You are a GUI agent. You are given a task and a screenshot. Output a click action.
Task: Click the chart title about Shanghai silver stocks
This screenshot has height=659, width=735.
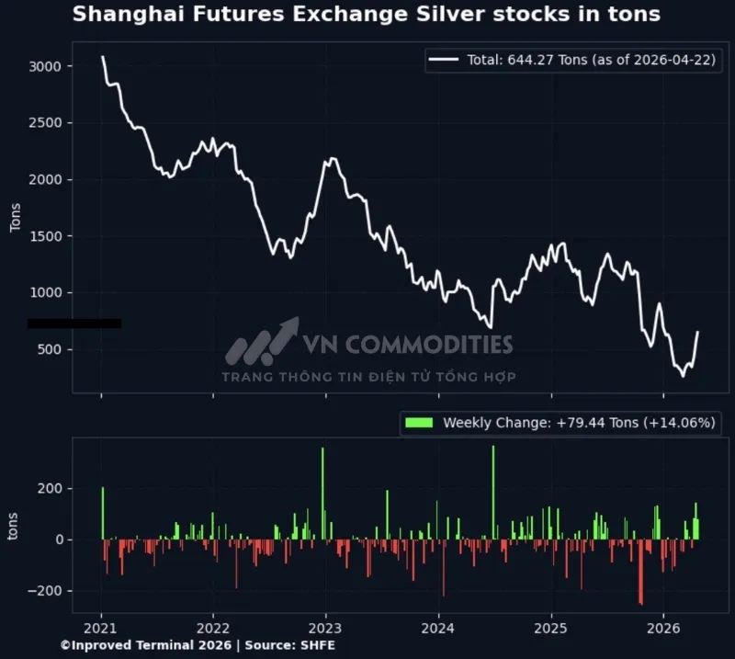[366, 15]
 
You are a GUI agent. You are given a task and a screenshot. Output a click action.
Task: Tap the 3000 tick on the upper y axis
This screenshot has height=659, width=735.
[45, 66]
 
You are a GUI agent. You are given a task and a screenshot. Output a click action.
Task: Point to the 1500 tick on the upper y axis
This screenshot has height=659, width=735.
[45, 236]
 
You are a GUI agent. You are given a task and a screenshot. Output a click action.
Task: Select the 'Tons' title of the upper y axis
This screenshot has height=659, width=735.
[16, 217]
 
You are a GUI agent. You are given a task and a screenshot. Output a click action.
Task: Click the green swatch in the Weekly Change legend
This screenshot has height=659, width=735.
[419, 423]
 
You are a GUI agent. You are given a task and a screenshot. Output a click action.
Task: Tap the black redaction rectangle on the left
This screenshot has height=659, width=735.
[74, 324]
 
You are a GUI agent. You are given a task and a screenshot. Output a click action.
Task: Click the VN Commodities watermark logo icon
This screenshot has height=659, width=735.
[262, 342]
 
